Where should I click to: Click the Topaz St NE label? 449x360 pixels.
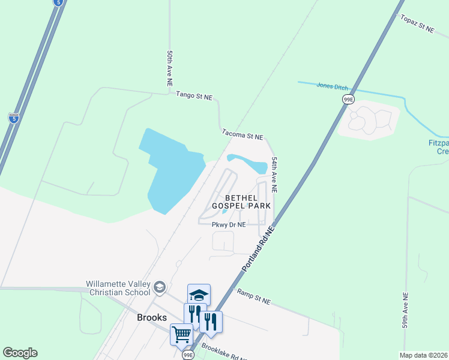tap(417, 24)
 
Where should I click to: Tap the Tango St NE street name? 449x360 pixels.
tap(194, 96)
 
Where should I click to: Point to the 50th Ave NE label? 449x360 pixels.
tap(170, 70)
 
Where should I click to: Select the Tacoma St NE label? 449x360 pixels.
tap(243, 137)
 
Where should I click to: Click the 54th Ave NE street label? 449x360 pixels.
tap(274, 175)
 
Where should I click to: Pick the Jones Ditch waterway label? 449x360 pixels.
tap(332, 87)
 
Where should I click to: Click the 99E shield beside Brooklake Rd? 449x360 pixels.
tap(188, 355)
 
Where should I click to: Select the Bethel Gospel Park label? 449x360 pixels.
tap(248, 202)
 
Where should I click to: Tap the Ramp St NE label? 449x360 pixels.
tap(253, 296)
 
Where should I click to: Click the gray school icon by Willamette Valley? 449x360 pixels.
tap(159, 287)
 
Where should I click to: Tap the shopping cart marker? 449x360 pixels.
tap(182, 334)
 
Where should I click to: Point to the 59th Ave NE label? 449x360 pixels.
tap(406, 310)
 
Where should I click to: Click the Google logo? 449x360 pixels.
tap(20, 353)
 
